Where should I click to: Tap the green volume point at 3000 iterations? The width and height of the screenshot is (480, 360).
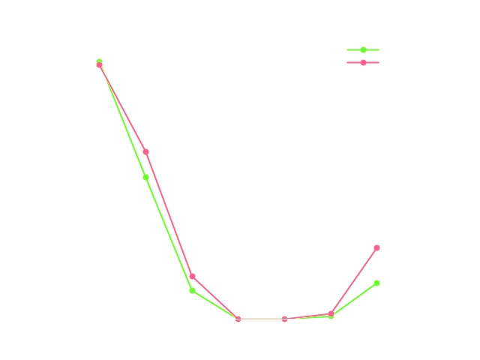[x=146, y=177]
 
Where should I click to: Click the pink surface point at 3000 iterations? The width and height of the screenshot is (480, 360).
[x=146, y=151]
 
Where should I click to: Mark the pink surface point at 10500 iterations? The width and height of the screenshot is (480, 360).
[x=376, y=248]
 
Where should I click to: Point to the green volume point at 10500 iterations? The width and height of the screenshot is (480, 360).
[x=376, y=283]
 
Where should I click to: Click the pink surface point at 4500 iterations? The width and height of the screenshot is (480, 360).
[x=192, y=277]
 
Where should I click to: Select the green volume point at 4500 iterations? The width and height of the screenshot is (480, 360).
[x=192, y=291]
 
